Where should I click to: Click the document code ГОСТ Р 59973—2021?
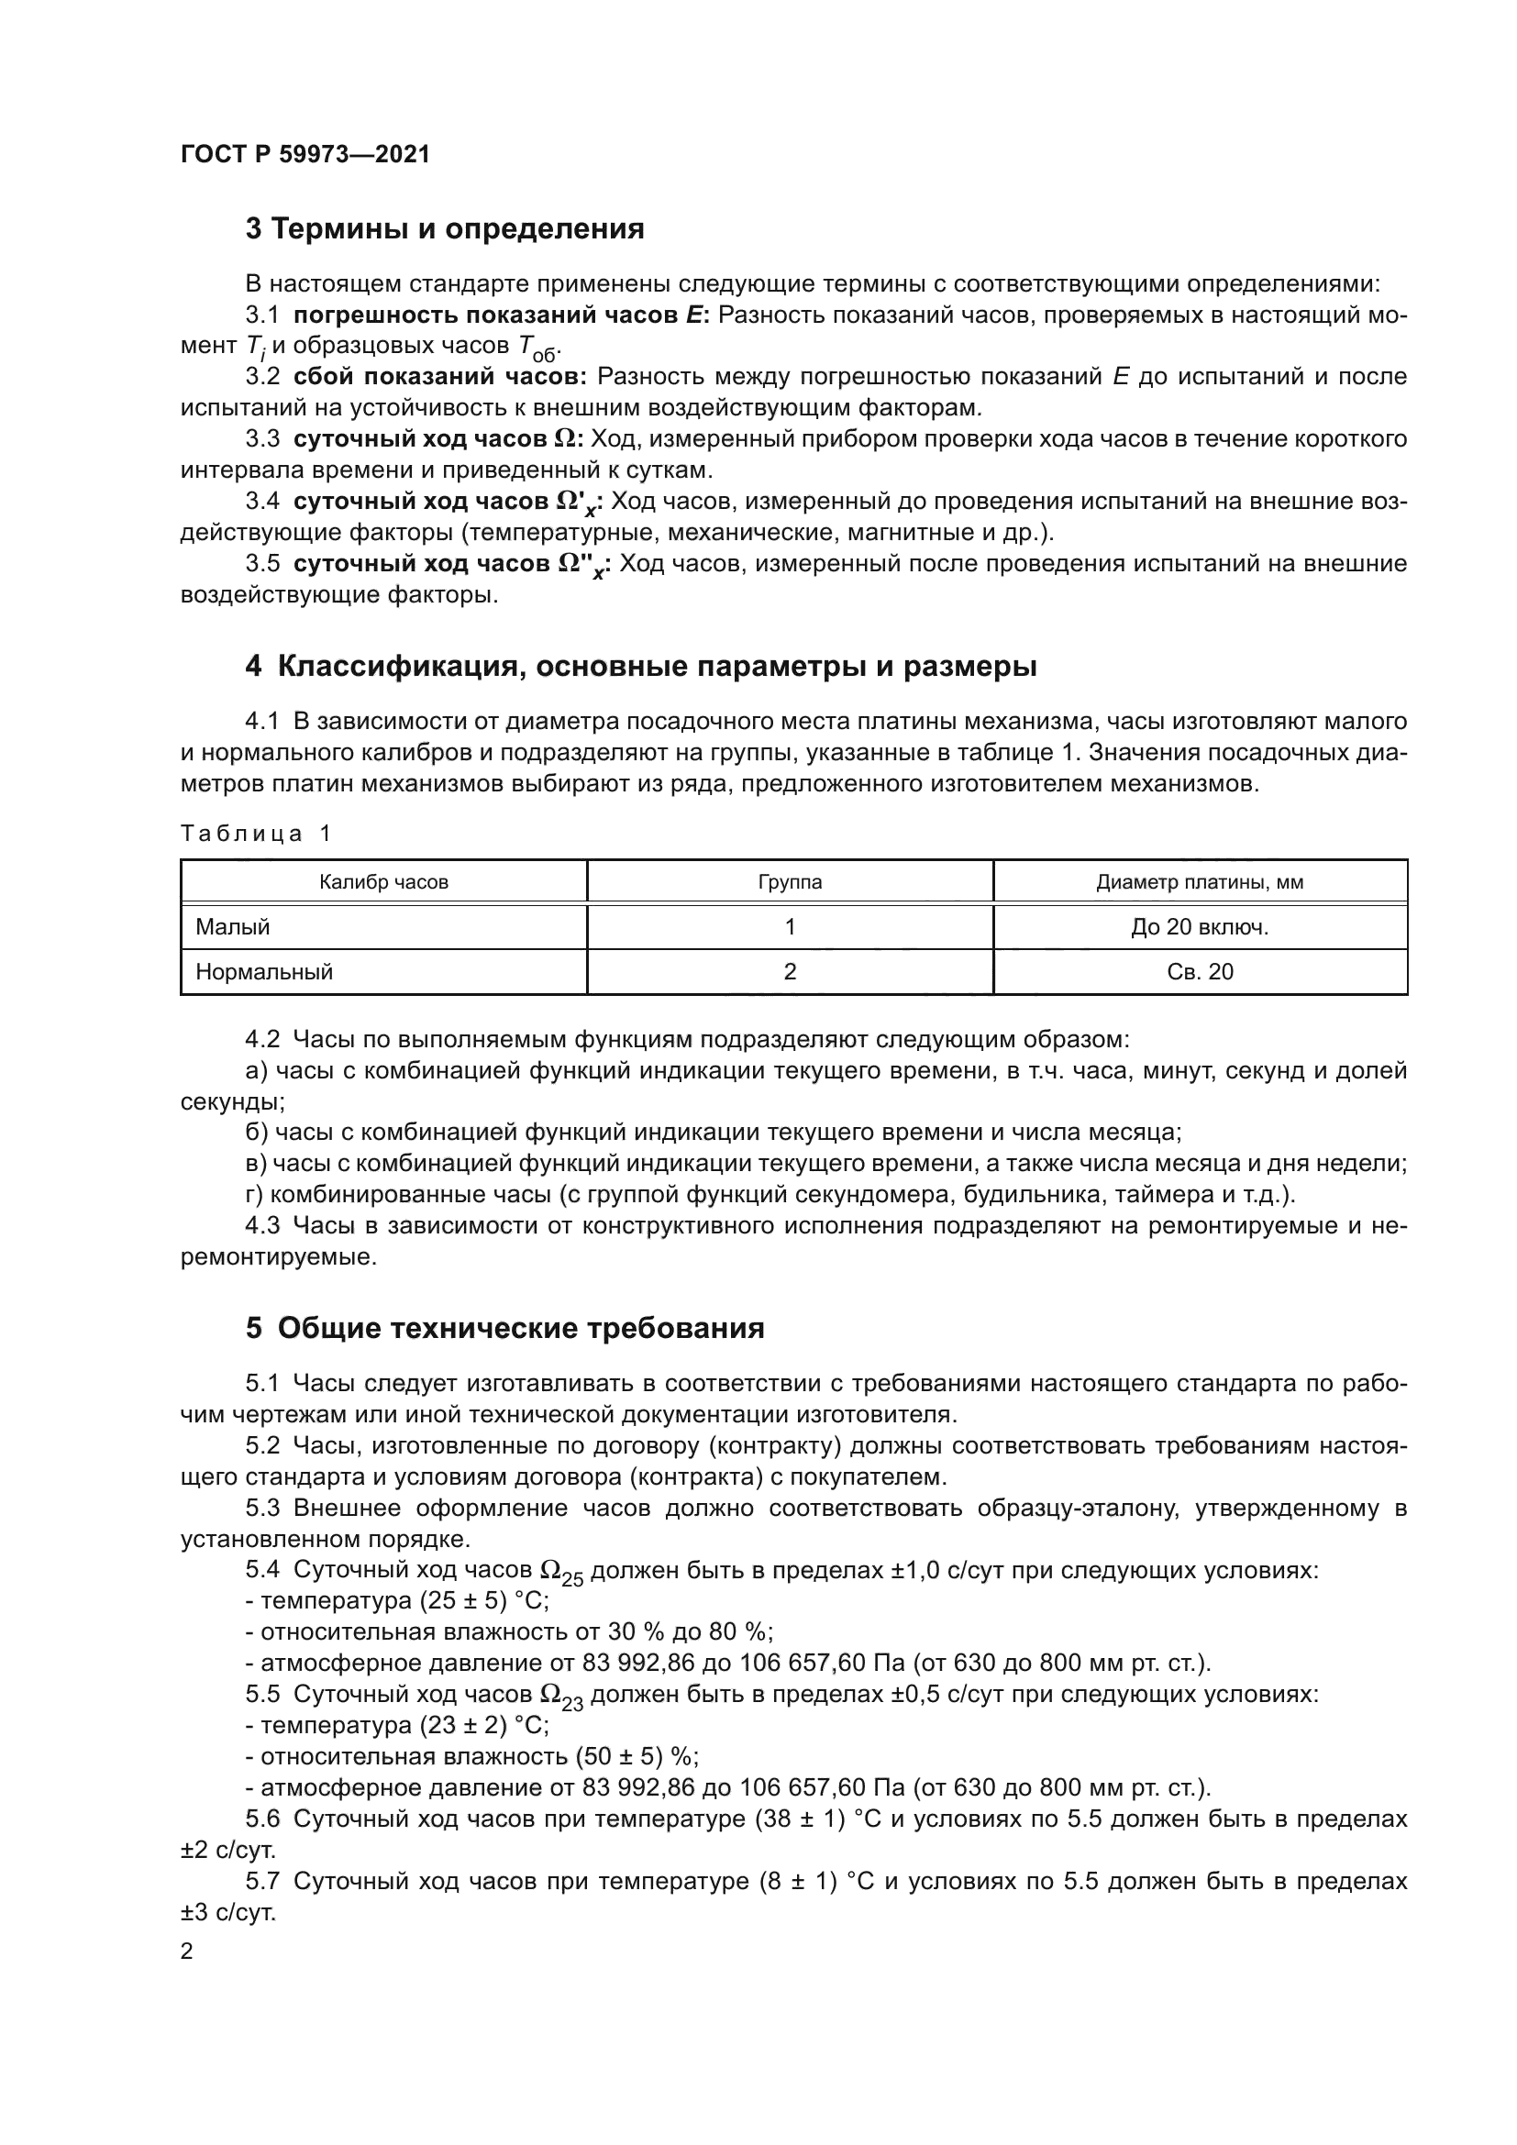[x=305, y=154]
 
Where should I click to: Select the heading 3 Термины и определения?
[x=445, y=229]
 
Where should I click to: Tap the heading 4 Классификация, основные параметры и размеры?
[x=641, y=666]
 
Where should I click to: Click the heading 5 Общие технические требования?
[x=504, y=1328]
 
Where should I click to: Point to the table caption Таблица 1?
[x=256, y=834]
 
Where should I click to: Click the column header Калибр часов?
[x=383, y=882]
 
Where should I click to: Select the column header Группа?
[x=791, y=882]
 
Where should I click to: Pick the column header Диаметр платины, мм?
[x=1200, y=882]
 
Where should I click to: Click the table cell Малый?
[x=233, y=927]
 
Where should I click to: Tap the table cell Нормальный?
[x=264, y=971]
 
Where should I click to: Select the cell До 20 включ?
[x=1200, y=927]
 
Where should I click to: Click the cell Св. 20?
[x=1200, y=971]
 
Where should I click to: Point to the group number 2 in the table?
[x=791, y=971]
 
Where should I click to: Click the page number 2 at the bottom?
[x=187, y=1952]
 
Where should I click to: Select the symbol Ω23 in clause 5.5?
[x=561, y=1697]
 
